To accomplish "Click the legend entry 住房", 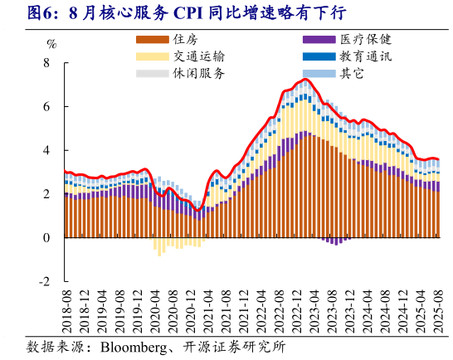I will (x=186, y=40).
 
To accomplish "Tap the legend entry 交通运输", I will (x=197, y=56).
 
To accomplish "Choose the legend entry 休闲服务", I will (x=197, y=73).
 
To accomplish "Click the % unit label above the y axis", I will (x=51, y=45).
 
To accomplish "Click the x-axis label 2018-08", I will (x=66, y=309).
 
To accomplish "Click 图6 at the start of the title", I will (x=18, y=13).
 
